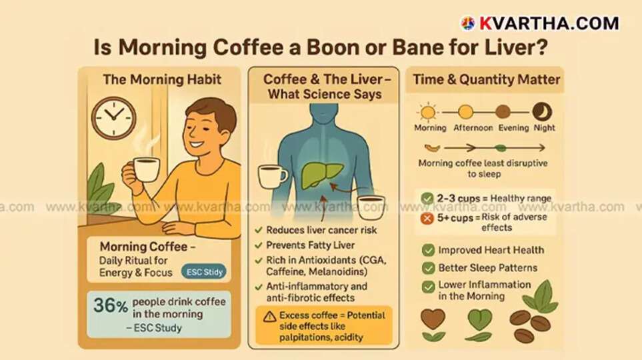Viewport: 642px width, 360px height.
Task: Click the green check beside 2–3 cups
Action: click(x=427, y=198)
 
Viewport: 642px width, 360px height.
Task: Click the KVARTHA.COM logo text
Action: click(x=548, y=23)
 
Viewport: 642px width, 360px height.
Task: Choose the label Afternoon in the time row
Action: click(x=473, y=127)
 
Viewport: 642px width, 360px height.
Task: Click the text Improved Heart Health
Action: click(x=491, y=251)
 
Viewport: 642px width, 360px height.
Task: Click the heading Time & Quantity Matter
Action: click(x=486, y=80)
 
